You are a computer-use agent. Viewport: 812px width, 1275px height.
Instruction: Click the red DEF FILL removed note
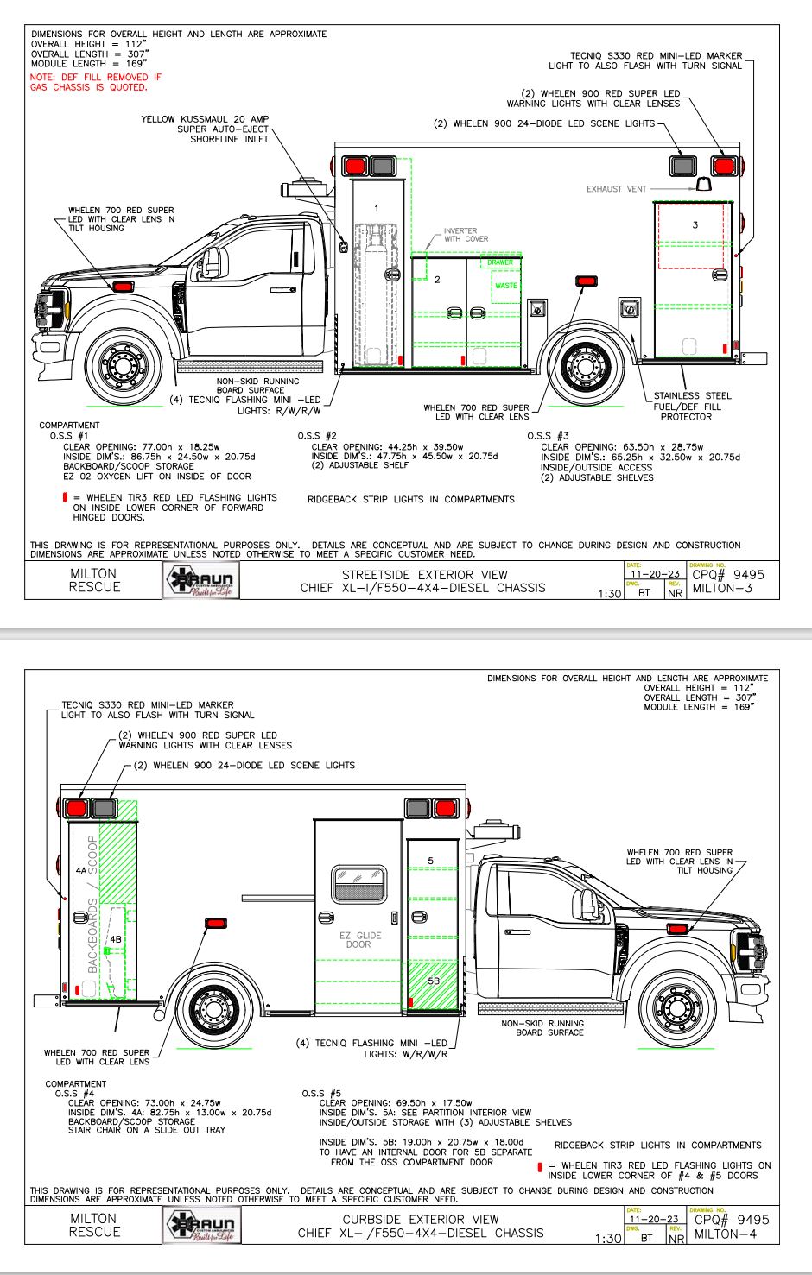[95, 82]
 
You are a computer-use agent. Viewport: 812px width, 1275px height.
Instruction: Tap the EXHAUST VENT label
[616, 189]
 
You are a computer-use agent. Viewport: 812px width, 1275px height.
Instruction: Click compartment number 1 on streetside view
[376, 209]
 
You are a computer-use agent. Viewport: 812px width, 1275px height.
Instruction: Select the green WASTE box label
[506, 286]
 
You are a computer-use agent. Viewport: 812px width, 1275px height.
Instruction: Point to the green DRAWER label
[499, 262]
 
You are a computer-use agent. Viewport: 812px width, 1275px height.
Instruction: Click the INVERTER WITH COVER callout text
[466, 235]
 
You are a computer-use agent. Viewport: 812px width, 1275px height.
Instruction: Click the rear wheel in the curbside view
[211, 1007]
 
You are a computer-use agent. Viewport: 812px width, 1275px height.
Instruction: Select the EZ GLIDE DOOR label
[358, 940]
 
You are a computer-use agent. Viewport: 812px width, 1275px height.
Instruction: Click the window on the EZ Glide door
[358, 884]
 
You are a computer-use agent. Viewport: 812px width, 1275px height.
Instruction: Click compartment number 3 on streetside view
[695, 225]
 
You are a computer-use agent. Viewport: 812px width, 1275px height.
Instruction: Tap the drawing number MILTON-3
[722, 589]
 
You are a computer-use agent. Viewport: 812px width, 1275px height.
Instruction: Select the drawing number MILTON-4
[724, 1234]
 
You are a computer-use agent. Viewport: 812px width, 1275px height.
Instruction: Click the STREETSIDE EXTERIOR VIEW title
[424, 575]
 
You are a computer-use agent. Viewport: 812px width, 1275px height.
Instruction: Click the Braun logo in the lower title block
[201, 1226]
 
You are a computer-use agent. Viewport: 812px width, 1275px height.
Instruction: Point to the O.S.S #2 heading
[317, 436]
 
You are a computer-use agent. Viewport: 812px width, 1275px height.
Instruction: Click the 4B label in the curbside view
[116, 938]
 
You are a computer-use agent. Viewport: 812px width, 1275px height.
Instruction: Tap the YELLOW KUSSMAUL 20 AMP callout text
[205, 119]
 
